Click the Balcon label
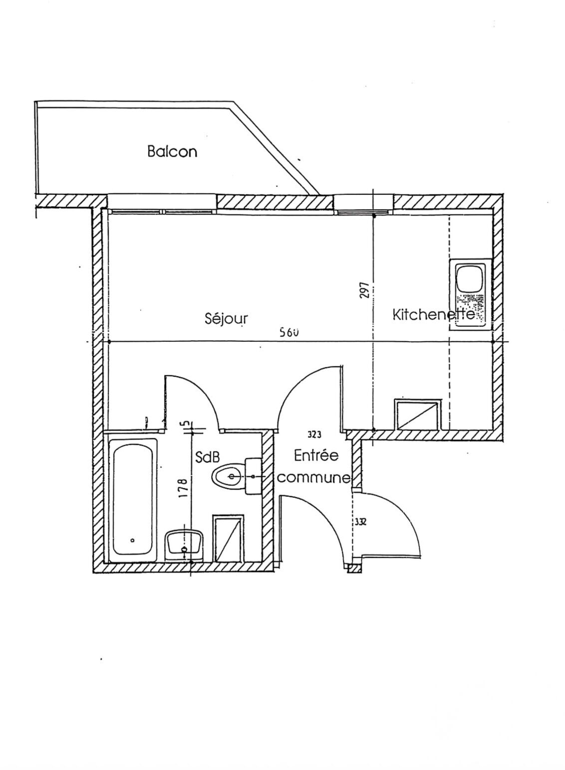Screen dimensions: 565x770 pyautogui.click(x=172, y=151)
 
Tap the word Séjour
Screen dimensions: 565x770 pyautogui.click(x=226, y=318)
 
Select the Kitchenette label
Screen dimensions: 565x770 pyautogui.click(x=433, y=314)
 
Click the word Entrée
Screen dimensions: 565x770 pyautogui.click(x=316, y=456)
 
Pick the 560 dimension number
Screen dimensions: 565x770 pyautogui.click(x=289, y=332)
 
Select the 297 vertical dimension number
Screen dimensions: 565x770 pyautogui.click(x=364, y=290)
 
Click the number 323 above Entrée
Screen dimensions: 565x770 pyautogui.click(x=314, y=435)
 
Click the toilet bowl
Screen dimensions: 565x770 pyautogui.click(x=229, y=476)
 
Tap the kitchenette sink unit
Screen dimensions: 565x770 pyautogui.click(x=470, y=294)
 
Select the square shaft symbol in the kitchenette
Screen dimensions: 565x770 pyautogui.click(x=417, y=415)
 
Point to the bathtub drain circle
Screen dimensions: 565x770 pyautogui.click(x=133, y=540)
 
